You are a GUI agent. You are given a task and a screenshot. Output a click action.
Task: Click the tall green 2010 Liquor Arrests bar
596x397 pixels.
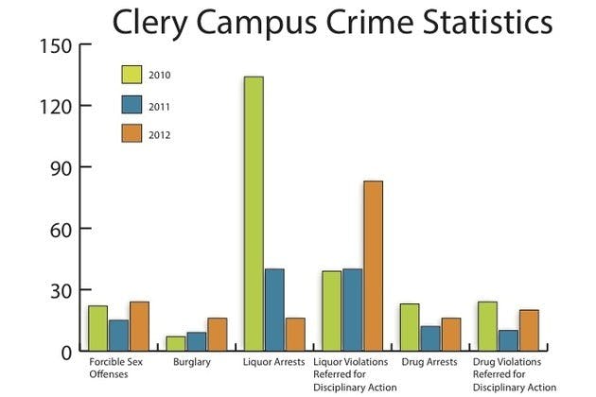tap(254, 214)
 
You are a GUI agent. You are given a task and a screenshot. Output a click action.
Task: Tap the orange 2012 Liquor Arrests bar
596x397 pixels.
tap(295, 335)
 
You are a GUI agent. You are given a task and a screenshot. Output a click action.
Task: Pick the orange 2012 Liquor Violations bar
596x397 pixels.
tap(373, 266)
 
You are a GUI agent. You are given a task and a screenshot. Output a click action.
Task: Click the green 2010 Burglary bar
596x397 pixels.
tap(176, 344)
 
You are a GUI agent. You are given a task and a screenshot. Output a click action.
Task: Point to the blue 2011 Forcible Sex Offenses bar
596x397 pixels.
tap(118, 336)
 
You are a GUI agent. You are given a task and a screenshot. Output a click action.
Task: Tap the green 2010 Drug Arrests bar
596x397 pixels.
tap(410, 327)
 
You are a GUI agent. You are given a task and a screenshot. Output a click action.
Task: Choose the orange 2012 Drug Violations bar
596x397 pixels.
tap(529, 330)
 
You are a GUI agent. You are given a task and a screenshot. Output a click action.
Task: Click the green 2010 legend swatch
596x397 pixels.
tap(131, 75)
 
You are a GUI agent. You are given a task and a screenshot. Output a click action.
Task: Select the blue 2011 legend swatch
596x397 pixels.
tap(131, 106)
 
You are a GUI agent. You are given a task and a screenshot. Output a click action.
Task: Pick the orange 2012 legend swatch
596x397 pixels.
tap(131, 135)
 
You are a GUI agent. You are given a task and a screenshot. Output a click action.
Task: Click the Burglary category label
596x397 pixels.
tap(194, 362)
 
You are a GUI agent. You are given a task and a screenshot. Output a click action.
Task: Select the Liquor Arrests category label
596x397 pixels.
tap(275, 362)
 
